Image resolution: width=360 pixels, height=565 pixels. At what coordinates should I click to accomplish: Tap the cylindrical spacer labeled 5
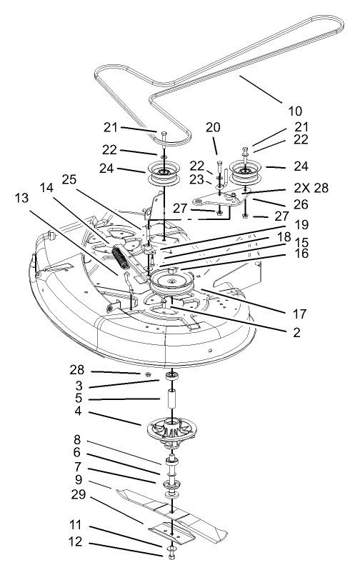click(172, 400)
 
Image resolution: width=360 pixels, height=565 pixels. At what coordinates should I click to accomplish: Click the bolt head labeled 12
click(173, 551)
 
